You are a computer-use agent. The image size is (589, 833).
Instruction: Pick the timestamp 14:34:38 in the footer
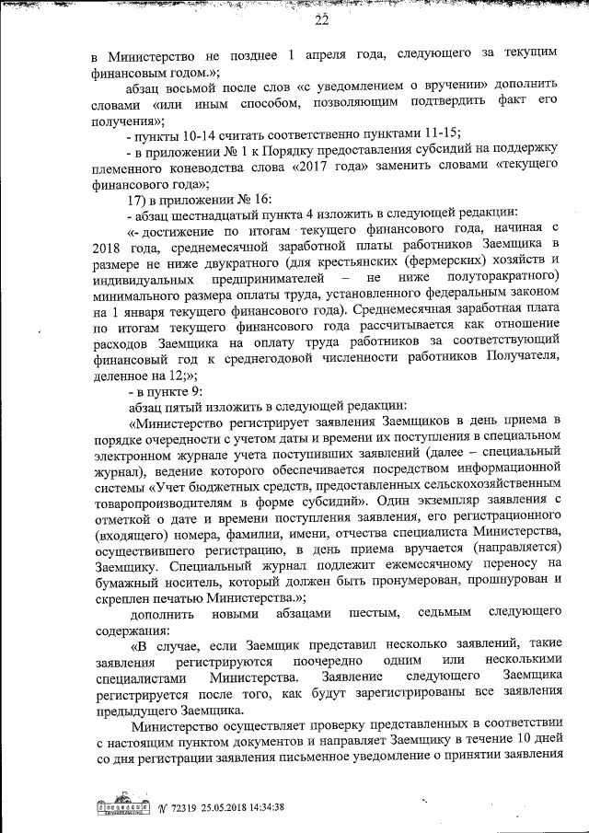pyautogui.click(x=261, y=807)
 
